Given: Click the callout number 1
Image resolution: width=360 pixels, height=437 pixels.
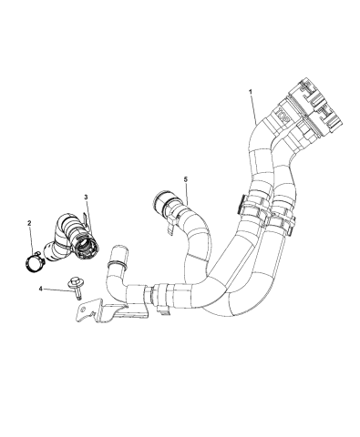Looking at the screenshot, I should pos(250,92).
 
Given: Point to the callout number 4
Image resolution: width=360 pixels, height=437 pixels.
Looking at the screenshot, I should pos(40,290).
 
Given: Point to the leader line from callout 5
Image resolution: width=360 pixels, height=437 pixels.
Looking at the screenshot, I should pos(189,197).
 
